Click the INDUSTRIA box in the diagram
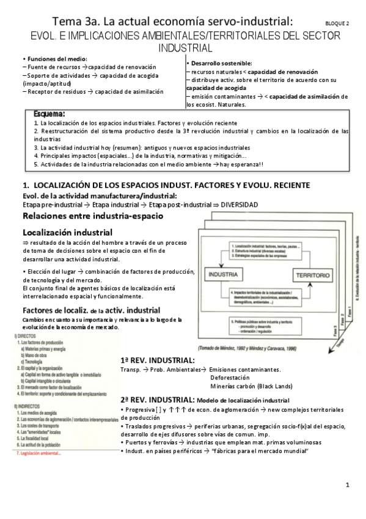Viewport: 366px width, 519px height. coord(224,275)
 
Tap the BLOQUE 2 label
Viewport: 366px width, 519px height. coord(337,24)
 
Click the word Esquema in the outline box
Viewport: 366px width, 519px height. coord(50,114)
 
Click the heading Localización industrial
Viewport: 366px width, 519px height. coord(67,233)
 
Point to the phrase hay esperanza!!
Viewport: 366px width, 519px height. coord(260,164)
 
